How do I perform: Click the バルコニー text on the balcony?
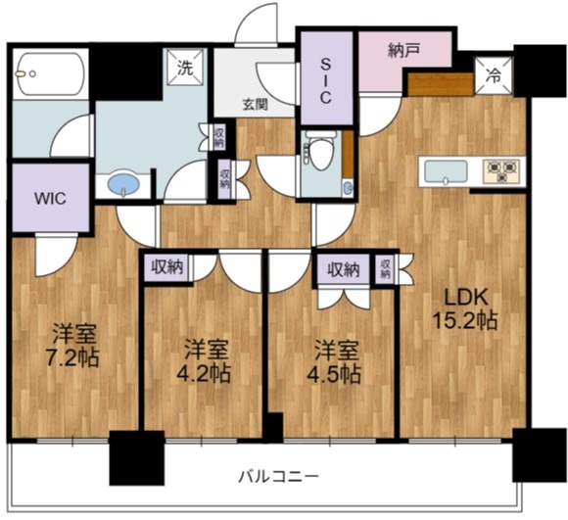click(278, 476)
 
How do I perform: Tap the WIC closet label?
click(49, 197)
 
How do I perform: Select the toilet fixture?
click(318, 152)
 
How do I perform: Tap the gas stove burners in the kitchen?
click(501, 171)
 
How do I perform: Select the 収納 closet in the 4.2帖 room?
click(166, 266)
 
